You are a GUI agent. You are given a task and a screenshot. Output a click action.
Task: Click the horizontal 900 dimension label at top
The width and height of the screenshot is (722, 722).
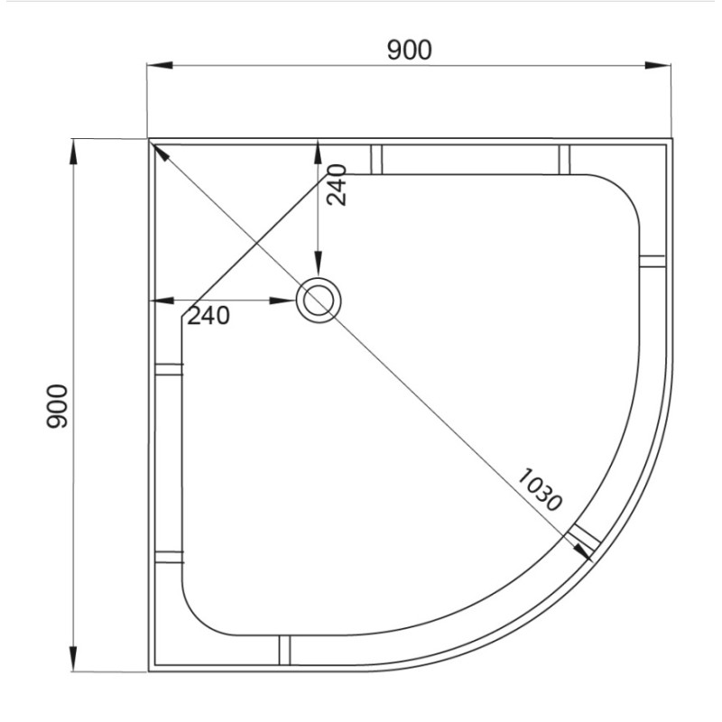pyautogui.click(x=410, y=50)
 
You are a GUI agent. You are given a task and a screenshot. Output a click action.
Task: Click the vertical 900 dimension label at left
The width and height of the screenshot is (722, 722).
pyautogui.click(x=57, y=406)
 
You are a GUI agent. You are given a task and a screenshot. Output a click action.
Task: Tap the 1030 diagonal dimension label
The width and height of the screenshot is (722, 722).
pyautogui.click(x=540, y=489)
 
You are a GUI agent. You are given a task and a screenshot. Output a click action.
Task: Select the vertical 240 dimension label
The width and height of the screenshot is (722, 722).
pyautogui.click(x=336, y=185)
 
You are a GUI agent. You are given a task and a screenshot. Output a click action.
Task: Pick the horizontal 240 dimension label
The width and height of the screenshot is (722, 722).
pyautogui.click(x=208, y=316)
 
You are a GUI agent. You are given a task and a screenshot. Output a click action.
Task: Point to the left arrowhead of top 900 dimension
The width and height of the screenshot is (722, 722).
pyautogui.click(x=161, y=65)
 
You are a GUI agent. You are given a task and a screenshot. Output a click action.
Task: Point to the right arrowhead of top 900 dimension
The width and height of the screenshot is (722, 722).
pyautogui.click(x=658, y=65)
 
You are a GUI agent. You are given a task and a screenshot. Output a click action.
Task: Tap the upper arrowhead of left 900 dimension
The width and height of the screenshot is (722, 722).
pyautogui.click(x=73, y=152)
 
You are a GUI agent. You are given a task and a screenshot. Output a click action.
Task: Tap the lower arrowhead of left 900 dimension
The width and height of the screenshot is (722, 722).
pyautogui.click(x=73, y=659)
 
